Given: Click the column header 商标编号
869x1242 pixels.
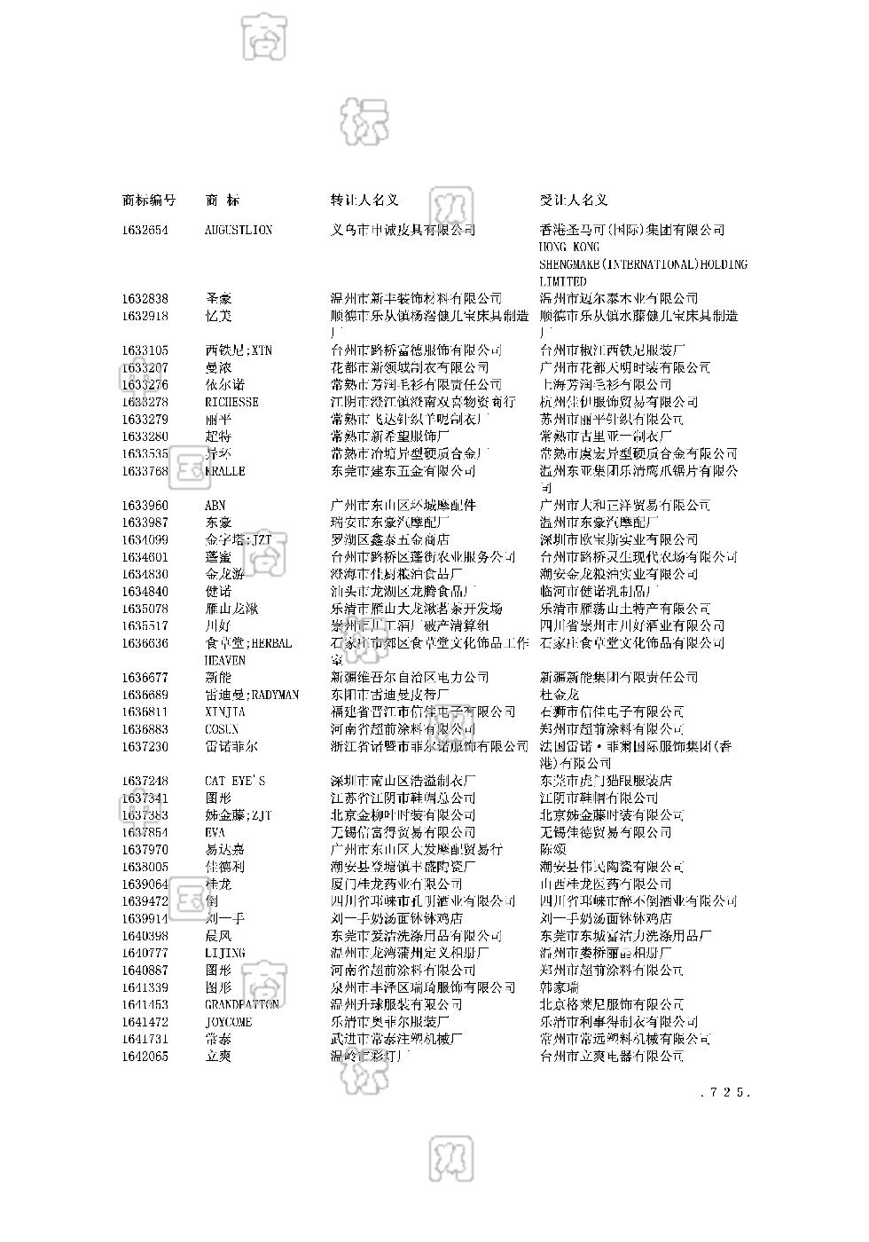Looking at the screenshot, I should click(x=148, y=200).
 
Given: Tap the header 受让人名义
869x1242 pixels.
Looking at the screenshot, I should click(x=574, y=200).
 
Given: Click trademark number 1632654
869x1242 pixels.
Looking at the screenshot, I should click(x=145, y=230).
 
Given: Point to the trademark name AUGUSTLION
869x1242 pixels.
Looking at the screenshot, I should click(x=239, y=230).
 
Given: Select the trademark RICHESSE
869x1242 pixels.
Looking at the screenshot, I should click(x=231, y=402).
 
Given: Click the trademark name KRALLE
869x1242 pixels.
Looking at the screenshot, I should click(x=224, y=471).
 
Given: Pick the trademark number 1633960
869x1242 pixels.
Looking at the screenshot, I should click(x=145, y=506).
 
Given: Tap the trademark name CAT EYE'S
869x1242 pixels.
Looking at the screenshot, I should click(x=234, y=781).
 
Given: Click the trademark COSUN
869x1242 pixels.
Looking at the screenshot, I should click(x=222, y=729).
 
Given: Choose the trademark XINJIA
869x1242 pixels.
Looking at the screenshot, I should click(x=225, y=711).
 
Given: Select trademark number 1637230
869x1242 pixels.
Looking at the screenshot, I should click(x=145, y=747).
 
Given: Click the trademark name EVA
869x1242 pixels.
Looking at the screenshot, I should click(x=215, y=832).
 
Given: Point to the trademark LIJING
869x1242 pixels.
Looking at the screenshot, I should click(x=224, y=953).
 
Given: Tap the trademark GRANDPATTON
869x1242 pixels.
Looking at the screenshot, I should click(x=241, y=1004).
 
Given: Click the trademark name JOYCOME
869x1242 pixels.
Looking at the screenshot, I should click(x=228, y=1022).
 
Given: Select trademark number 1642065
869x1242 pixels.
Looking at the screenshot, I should click(x=145, y=1056).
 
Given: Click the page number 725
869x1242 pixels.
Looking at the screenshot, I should click(x=725, y=1092).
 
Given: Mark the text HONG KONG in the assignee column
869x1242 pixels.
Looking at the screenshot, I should click(x=569, y=248).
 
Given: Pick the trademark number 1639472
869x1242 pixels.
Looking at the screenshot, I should click(x=145, y=901).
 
